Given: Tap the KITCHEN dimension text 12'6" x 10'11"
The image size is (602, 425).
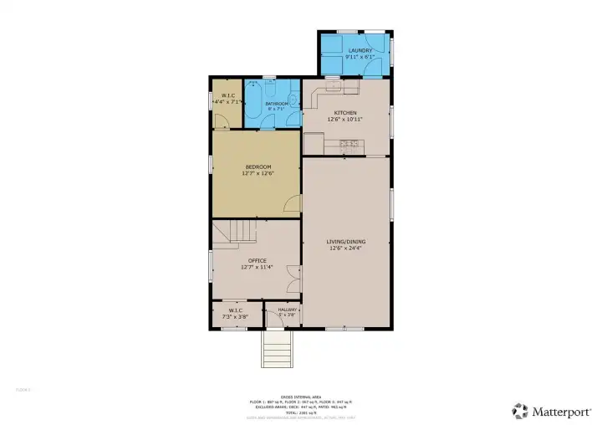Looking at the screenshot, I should (345, 120).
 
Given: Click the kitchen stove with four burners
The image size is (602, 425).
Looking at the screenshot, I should (349, 145).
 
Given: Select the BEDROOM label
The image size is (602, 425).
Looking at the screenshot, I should (257, 166).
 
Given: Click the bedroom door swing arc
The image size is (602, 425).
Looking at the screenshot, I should (290, 203).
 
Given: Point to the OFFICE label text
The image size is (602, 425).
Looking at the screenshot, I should (257, 260).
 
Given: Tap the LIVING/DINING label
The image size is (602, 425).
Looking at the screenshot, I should (345, 242).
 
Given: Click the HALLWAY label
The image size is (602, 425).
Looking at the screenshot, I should (282, 309).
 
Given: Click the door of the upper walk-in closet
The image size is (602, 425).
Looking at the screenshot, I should (221, 121).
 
